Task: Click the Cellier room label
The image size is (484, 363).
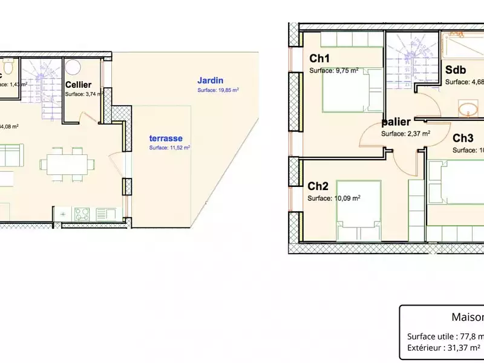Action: tap(78, 85)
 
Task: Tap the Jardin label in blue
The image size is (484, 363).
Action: tap(211, 80)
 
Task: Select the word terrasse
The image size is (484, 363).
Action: tap(166, 139)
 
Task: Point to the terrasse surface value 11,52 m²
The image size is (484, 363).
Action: tap(169, 148)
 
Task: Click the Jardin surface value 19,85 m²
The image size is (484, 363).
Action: tap(218, 90)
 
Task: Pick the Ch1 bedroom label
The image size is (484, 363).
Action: tap(319, 59)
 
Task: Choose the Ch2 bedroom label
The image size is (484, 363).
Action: tap(318, 186)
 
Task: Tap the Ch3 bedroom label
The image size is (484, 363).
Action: tap(463, 139)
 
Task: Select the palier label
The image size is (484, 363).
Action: tap(396, 122)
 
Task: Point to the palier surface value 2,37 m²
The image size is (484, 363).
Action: tap(405, 134)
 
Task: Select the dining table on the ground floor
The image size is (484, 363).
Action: tap(67, 163)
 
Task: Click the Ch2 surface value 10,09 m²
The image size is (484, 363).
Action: tap(334, 198)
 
